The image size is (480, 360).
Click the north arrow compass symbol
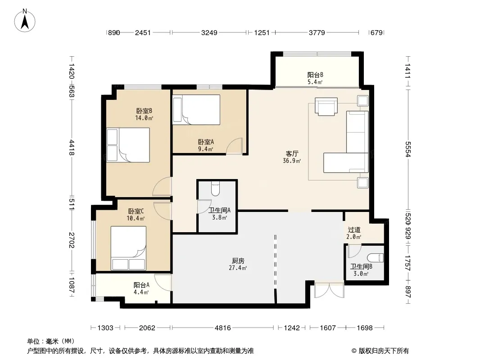(25, 21)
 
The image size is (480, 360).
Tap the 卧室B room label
(144, 111)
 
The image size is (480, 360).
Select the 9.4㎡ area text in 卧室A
(206, 149)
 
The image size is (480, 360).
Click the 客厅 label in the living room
(292, 153)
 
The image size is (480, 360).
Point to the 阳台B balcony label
(315, 75)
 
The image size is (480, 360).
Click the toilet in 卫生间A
(216, 189)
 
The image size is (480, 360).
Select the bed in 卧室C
(128, 248)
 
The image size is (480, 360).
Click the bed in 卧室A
(196, 109)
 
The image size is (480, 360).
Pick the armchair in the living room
(326, 107)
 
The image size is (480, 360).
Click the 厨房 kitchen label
(238, 261)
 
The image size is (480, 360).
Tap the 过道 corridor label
(354, 229)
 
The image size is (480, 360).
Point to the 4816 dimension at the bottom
(223, 328)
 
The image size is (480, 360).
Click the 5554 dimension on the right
(408, 149)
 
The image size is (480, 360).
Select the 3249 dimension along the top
(209, 32)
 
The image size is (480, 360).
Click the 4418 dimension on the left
(71, 148)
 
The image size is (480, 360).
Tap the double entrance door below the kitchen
(330, 290)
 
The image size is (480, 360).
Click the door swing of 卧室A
(234, 146)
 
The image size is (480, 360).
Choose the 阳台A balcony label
(141, 285)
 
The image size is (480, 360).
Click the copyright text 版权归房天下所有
(384, 351)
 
